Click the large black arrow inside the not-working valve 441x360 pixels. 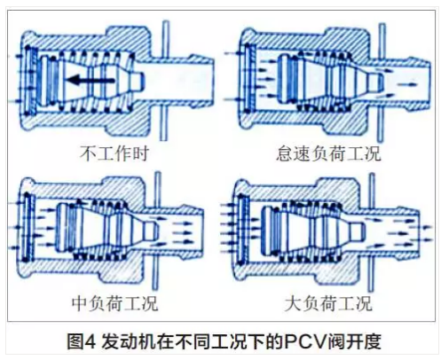pos(91,80)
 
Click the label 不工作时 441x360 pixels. pos(114,153)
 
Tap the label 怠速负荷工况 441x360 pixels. pos(328,153)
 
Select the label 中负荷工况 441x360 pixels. pos(115,303)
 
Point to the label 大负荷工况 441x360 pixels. pos(327,303)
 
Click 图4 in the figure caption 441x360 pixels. pos(82,341)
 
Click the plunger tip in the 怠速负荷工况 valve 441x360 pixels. pos(377,82)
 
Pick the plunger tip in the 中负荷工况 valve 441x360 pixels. pos(149,230)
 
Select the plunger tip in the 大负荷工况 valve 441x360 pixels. pos(357,231)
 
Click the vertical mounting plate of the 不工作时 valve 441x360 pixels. pos(164,81)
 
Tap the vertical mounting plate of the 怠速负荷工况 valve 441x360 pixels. pos(382,82)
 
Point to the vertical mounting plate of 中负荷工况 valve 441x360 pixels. pos(157,231)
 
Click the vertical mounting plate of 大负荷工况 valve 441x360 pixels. pos(371,232)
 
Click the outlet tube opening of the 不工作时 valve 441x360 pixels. pos(211,81)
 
